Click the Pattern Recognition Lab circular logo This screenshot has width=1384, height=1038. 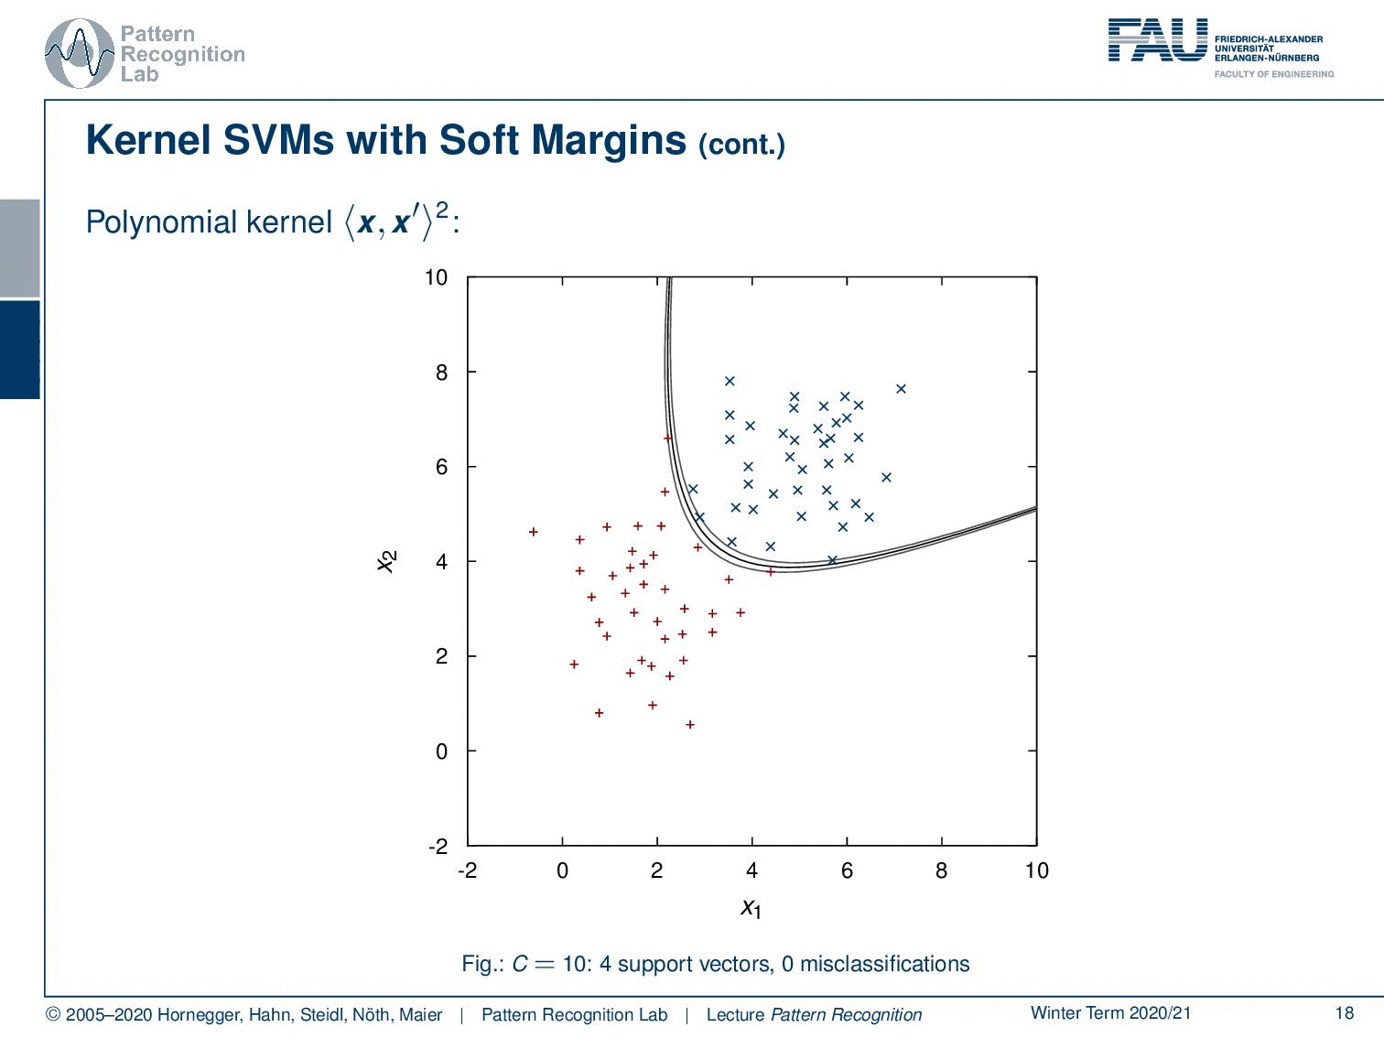pyautogui.click(x=80, y=54)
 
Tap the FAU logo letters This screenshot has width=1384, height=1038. pyautogui.click(x=1158, y=39)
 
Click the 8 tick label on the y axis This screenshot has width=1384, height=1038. pyautogui.click(x=441, y=373)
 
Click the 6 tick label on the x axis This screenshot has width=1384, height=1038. pyautogui.click(x=847, y=870)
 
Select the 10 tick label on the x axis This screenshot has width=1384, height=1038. pyautogui.click(x=1036, y=870)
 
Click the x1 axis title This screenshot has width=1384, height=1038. pyautogui.click(x=751, y=909)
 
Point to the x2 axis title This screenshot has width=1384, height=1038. pyautogui.click(x=386, y=561)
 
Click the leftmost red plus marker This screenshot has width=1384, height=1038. pyautogui.click(x=534, y=532)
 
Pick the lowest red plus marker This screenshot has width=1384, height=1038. pyautogui.click(x=690, y=725)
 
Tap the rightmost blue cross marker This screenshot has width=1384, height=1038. pyautogui.click(x=901, y=389)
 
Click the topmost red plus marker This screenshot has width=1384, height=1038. pyautogui.click(x=667, y=438)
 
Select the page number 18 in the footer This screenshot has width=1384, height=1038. pyautogui.click(x=1345, y=1012)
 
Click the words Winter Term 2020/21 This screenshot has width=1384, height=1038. pyautogui.click(x=1111, y=1012)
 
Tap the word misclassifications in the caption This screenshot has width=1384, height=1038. pyautogui.click(x=884, y=964)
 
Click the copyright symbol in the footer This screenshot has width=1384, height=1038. pyautogui.click(x=53, y=1015)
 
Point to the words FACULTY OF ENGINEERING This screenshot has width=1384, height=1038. pyautogui.click(x=1274, y=74)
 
